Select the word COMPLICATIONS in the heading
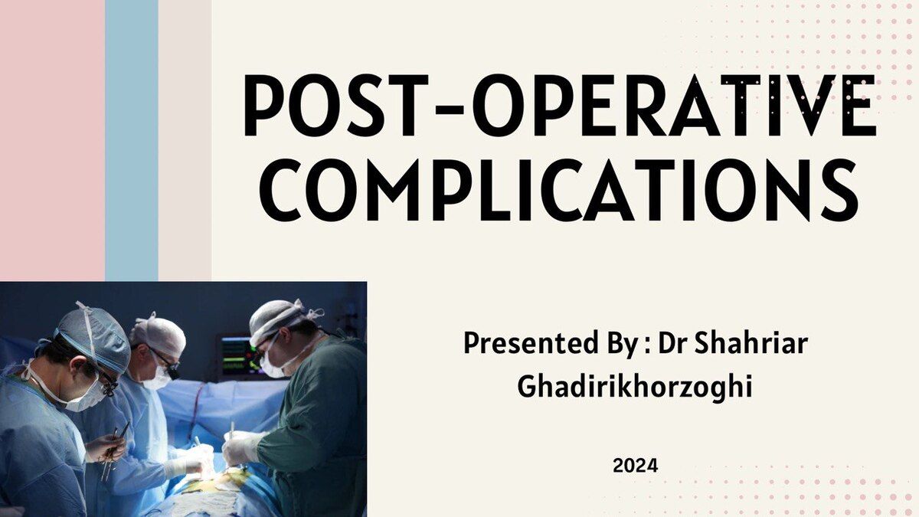559,190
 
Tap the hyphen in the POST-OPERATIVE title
449,110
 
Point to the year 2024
635,466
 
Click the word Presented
531,343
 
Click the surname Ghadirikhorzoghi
635,387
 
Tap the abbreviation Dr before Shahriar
673,343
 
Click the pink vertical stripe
53,140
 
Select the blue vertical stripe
132,140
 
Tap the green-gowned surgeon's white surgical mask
273,364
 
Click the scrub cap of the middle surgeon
159,335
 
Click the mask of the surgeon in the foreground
85,394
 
